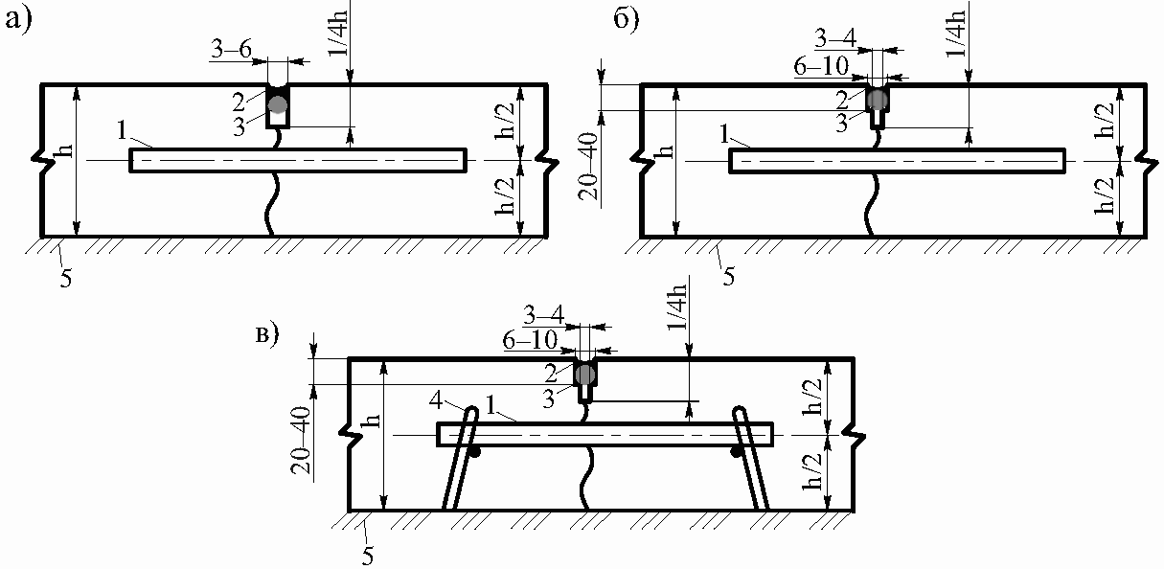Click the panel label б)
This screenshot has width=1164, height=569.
click(x=627, y=20)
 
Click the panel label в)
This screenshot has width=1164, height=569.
click(x=267, y=335)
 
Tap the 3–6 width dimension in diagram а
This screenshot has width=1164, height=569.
click(x=232, y=50)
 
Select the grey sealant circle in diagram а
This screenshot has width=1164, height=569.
click(x=278, y=104)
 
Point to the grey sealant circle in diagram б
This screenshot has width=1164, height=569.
click(x=878, y=99)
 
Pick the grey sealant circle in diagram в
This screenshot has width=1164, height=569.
click(x=585, y=375)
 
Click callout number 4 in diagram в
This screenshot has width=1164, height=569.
click(x=436, y=401)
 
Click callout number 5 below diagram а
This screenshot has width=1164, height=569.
click(x=65, y=279)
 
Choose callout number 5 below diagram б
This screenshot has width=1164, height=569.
click(x=729, y=277)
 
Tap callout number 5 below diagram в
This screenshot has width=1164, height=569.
click(x=367, y=557)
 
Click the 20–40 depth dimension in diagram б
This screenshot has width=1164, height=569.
click(x=589, y=167)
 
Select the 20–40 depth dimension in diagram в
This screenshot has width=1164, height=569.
click(x=301, y=440)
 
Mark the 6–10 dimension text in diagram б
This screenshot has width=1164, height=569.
click(x=821, y=66)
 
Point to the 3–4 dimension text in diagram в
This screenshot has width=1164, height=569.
click(x=543, y=315)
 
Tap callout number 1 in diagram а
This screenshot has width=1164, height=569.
click(x=122, y=131)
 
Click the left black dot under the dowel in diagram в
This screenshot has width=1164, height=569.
click(x=474, y=452)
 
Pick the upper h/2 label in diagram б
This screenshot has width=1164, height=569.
click(x=1106, y=121)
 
